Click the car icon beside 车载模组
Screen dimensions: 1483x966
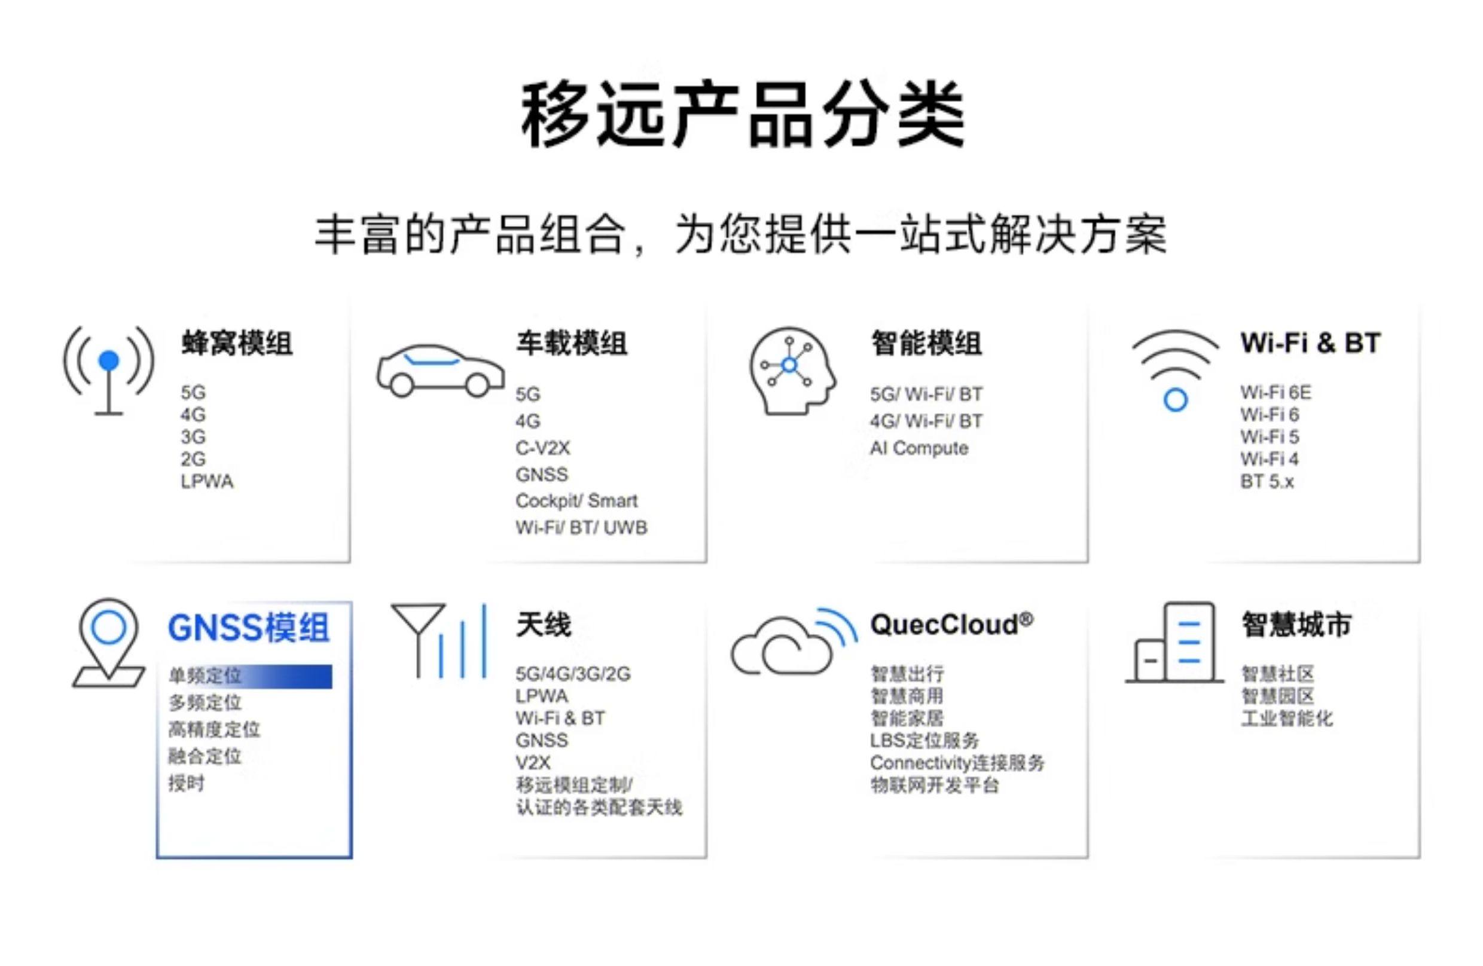441,371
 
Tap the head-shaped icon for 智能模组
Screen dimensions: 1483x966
791,371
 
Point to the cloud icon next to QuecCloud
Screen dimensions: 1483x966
792,644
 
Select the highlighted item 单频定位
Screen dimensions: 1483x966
206,675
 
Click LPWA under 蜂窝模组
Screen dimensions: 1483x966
207,481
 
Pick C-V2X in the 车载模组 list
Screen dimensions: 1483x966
543,448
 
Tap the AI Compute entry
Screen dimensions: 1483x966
919,448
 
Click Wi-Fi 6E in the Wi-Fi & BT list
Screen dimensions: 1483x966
1275,392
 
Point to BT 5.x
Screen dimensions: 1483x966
1267,481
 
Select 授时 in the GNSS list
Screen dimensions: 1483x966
187,783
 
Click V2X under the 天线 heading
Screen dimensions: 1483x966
533,762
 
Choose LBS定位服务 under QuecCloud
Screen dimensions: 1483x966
924,741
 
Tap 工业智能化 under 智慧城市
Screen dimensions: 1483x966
1287,719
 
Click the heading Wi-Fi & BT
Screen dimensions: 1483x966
1310,343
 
